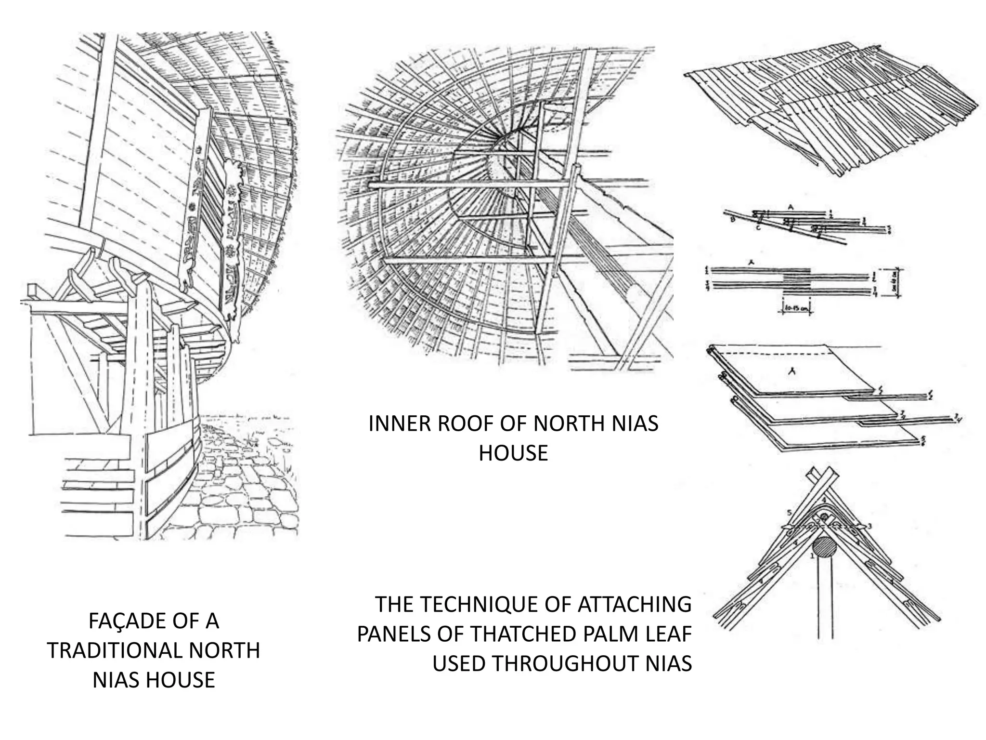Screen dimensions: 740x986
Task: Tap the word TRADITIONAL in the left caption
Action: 115,651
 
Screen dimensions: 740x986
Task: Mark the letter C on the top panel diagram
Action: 758,227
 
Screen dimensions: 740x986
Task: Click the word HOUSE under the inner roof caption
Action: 513,453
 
